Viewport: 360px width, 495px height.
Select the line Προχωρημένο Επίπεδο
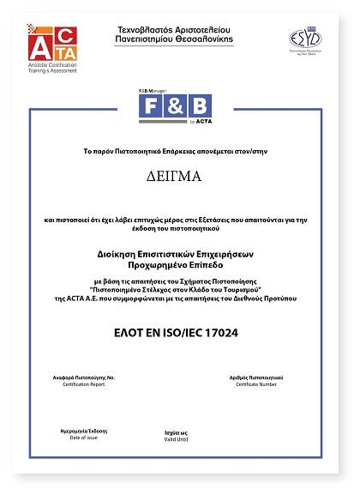[x=180, y=265]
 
